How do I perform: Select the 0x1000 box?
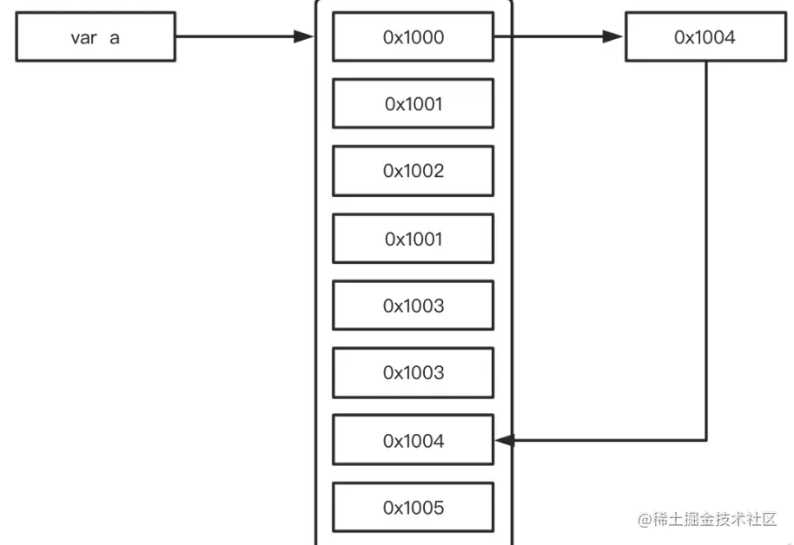tap(413, 37)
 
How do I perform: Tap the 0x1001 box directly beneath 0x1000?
tap(413, 104)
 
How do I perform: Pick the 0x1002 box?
tap(413, 171)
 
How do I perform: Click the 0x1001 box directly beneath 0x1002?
tap(413, 239)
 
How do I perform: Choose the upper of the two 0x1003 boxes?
tap(413, 305)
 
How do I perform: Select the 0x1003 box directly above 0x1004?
tap(413, 372)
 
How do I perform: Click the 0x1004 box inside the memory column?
tap(413, 441)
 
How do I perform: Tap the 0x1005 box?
tap(413, 508)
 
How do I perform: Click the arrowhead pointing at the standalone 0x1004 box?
tap(614, 37)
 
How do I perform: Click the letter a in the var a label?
tap(115, 38)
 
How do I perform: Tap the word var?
tap(83, 38)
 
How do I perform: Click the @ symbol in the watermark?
tap(645, 520)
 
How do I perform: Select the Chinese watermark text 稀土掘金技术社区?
tap(715, 520)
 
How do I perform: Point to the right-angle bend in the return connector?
tap(705, 440)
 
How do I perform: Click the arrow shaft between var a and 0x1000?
tap(235, 37)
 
